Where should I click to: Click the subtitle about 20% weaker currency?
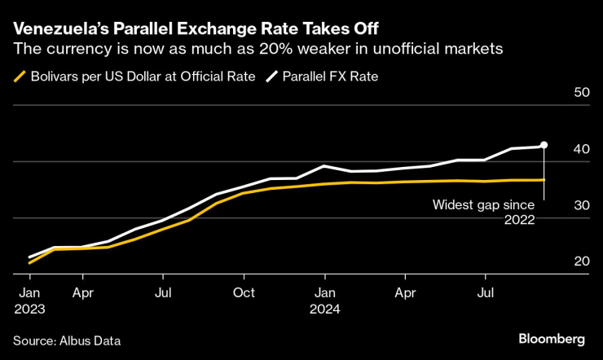point(257,50)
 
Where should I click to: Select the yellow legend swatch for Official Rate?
point(21,77)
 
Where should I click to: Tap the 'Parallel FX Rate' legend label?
point(330,77)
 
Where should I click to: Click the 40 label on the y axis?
point(582,150)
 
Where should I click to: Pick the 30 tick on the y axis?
point(582,206)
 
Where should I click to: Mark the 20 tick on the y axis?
point(582,261)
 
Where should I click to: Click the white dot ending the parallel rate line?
point(544,145)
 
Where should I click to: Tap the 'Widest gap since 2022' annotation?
point(483,212)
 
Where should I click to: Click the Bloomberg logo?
point(551,338)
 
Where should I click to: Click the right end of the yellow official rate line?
point(543,179)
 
